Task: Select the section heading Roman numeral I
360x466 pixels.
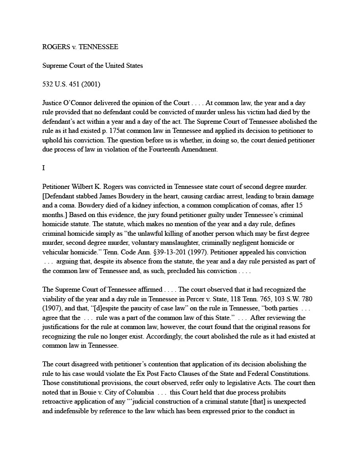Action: pos(44,168)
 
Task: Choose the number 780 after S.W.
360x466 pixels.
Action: pos(305,299)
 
